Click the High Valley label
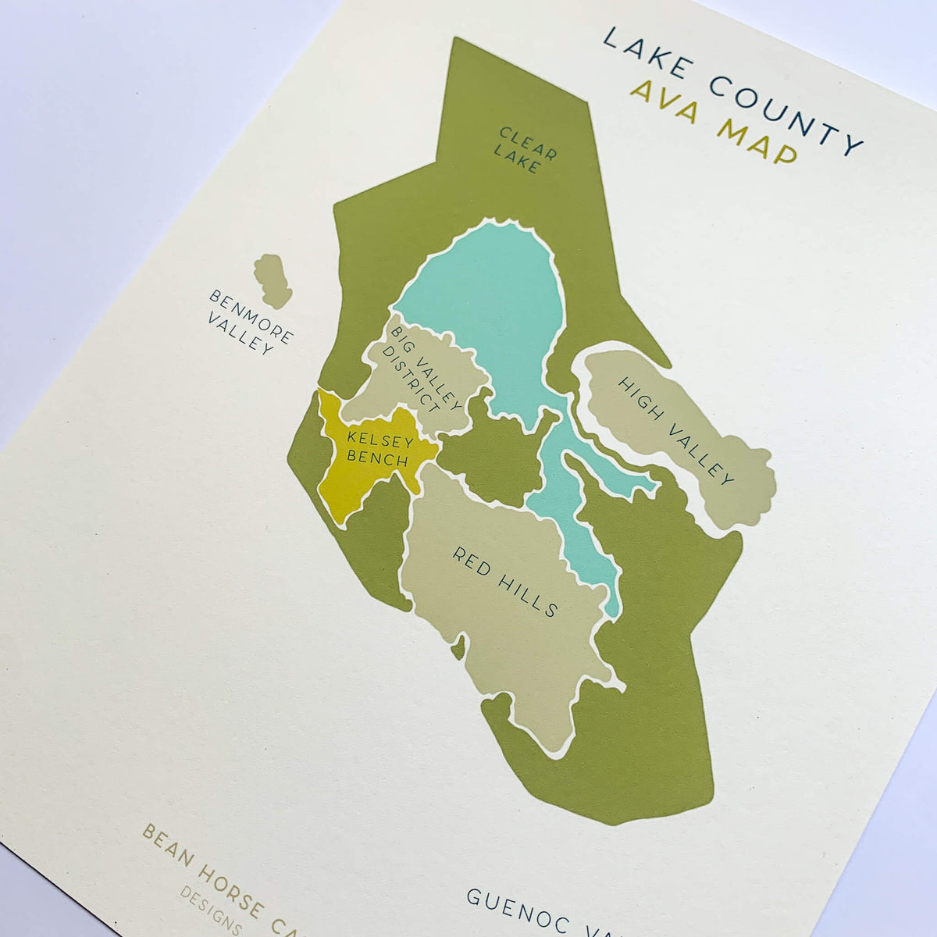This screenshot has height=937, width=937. tap(675, 430)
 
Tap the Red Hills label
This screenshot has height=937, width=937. tap(505, 581)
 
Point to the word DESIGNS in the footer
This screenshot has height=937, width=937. tap(211, 910)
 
